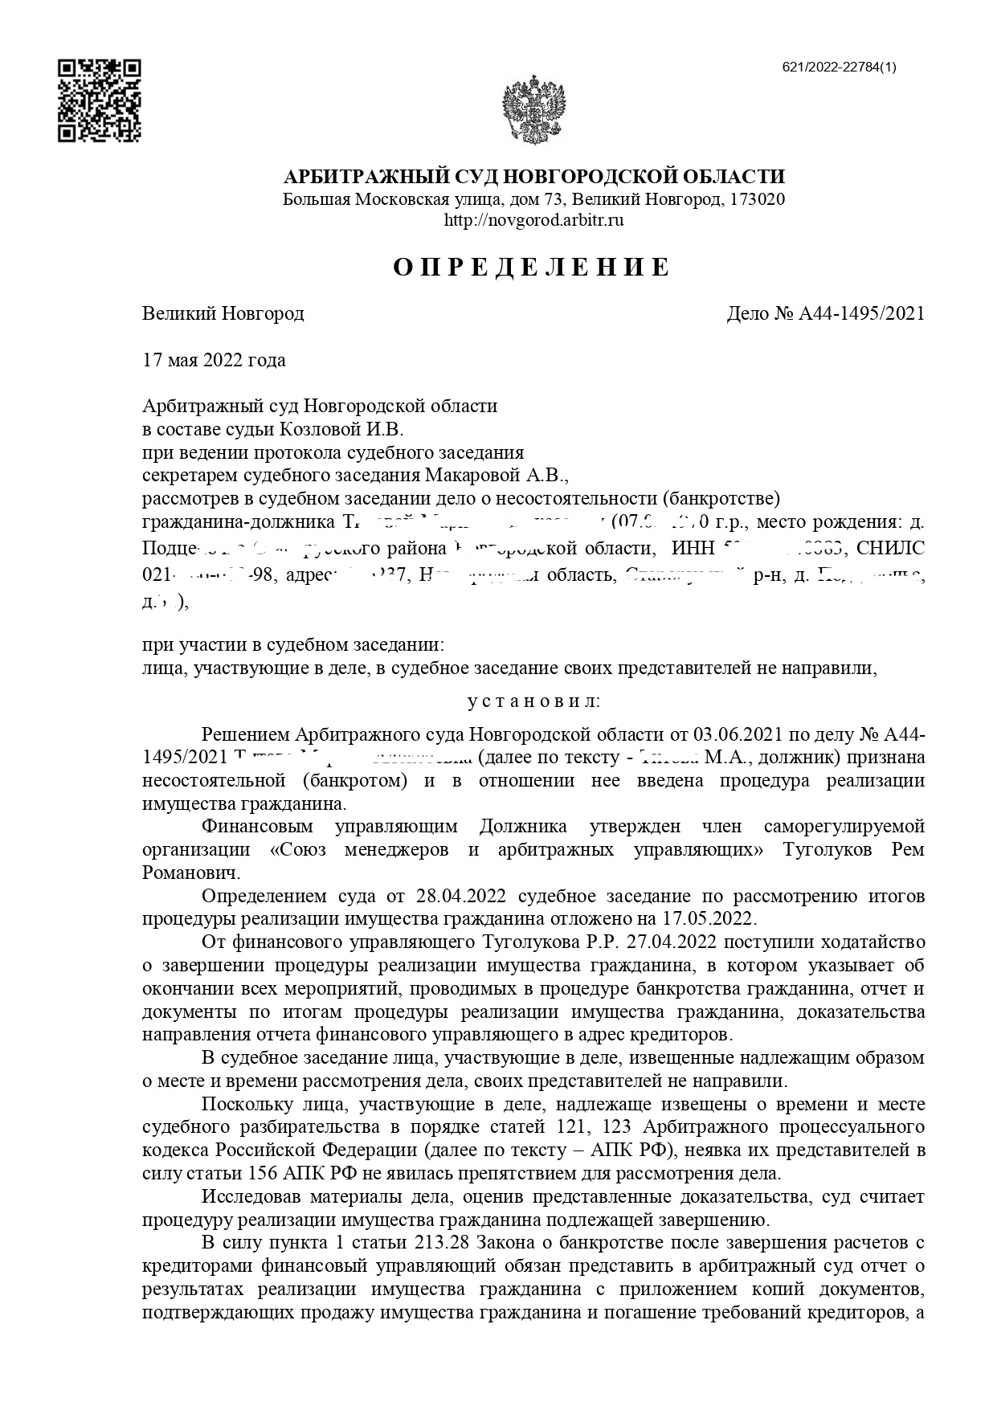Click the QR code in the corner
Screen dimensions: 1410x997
click(100, 100)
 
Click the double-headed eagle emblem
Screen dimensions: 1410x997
click(534, 110)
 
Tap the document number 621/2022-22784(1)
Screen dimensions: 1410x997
click(839, 67)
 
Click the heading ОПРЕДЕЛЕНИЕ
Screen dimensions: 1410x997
click(531, 268)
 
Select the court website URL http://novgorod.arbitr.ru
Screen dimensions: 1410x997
click(534, 219)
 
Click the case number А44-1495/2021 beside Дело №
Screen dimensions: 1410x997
click(861, 313)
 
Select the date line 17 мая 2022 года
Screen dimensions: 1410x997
click(214, 360)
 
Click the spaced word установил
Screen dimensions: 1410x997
click(533, 701)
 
